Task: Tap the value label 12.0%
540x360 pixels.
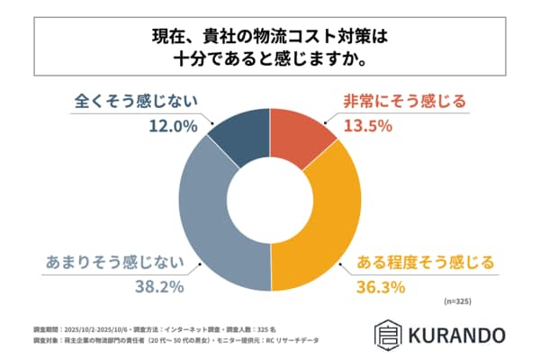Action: click(172, 126)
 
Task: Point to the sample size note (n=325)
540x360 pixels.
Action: click(457, 301)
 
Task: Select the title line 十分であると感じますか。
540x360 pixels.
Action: click(270, 61)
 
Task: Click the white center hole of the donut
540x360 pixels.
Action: click(270, 200)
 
